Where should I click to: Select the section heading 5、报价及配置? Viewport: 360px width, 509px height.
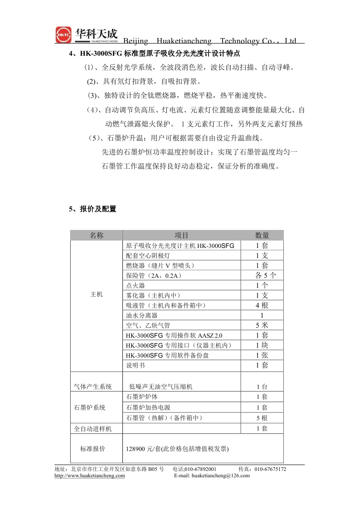(x=92, y=209)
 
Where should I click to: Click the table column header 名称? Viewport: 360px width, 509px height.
(x=97, y=235)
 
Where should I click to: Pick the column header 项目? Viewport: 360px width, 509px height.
(x=181, y=235)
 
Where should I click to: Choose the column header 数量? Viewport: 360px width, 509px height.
(x=262, y=235)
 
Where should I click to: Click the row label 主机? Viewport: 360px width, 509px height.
(x=97, y=295)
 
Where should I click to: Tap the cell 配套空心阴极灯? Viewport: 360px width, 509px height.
(x=149, y=256)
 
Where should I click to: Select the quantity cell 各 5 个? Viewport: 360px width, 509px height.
(x=262, y=276)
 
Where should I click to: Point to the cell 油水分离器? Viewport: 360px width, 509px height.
(x=142, y=315)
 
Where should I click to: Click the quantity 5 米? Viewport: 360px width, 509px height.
(x=262, y=325)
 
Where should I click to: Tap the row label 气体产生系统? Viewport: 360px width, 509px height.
(x=92, y=387)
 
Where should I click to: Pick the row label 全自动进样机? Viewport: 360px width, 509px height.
(x=92, y=428)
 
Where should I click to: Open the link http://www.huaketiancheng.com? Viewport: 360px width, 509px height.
(x=90, y=475)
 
